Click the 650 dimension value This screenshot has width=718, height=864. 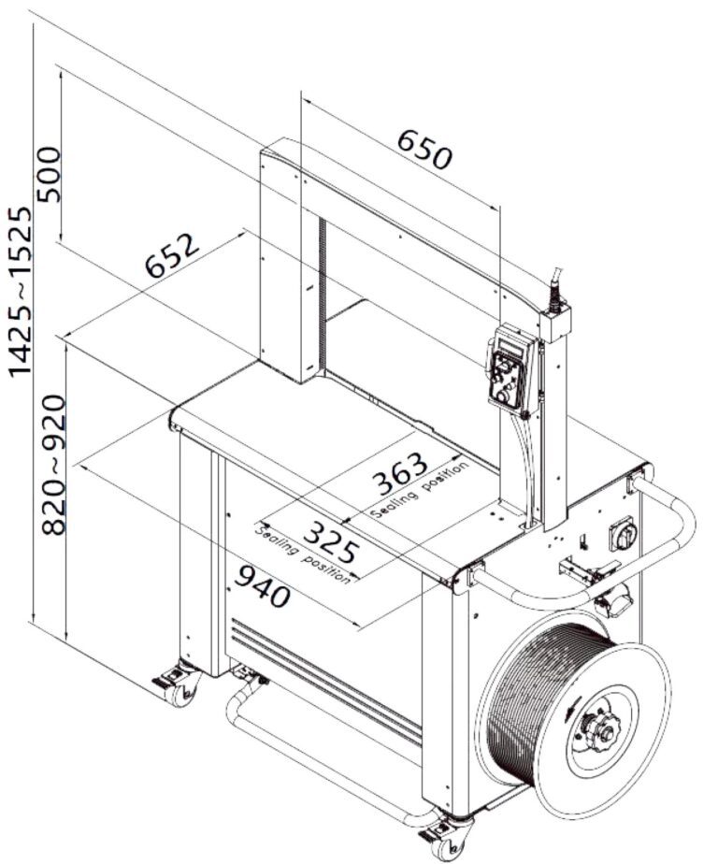424,150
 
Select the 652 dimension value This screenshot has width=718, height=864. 173,254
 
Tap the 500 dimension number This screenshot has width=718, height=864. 47,174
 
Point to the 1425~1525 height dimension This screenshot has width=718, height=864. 21,290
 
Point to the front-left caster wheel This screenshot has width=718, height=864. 180,685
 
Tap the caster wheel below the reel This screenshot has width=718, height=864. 447,837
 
